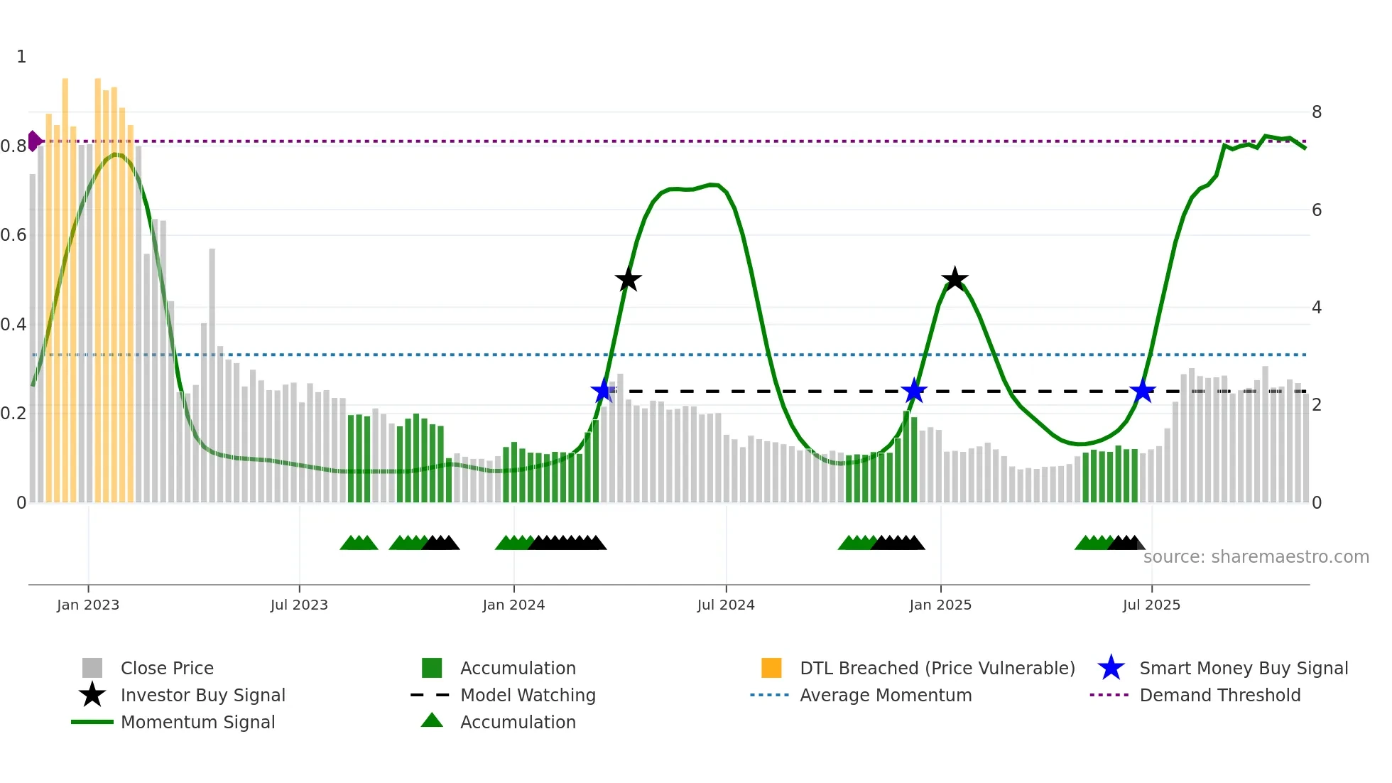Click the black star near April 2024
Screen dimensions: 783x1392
tap(628, 280)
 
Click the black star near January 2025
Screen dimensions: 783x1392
tap(955, 279)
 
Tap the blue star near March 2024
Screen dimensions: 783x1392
tap(603, 391)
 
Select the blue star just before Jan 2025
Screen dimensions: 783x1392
tap(914, 391)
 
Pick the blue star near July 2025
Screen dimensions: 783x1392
tap(1143, 391)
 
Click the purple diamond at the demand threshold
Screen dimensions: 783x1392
tap(33, 141)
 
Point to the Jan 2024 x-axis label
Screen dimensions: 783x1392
tap(513, 605)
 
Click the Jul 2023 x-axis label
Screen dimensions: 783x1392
tap(299, 605)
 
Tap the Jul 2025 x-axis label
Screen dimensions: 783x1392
tap(1151, 605)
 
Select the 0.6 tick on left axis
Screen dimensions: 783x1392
tap(13, 235)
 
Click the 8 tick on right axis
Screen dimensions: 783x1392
tap(1317, 112)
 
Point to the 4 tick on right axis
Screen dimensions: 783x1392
tap(1317, 308)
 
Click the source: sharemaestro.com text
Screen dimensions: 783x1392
tap(1256, 557)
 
